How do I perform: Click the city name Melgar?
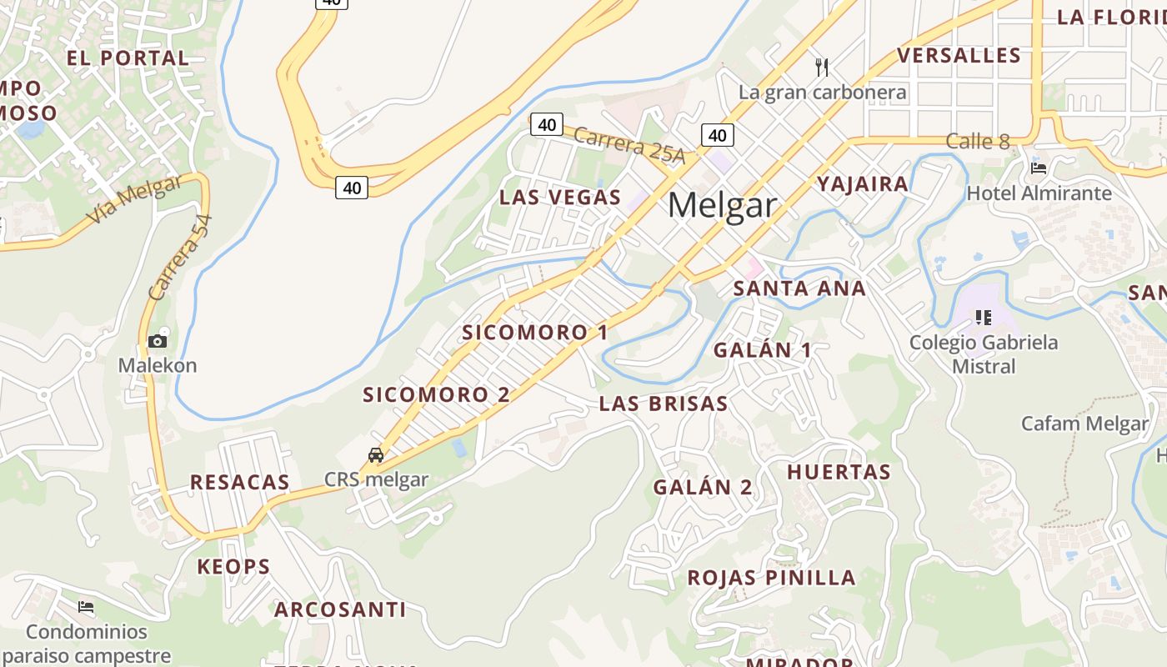point(722,205)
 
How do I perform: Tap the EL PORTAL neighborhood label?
point(128,58)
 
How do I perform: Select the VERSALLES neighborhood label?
point(959,56)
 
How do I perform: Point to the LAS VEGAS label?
point(560,198)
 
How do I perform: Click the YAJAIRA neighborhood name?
point(862,184)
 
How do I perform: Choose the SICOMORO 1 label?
point(535,333)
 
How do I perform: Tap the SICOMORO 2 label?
point(436,395)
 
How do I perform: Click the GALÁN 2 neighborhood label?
point(703,488)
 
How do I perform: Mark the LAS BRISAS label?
point(664,404)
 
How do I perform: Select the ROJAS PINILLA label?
point(771,578)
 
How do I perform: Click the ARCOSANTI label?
point(340,610)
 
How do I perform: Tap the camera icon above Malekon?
point(157,341)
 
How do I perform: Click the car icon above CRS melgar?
point(376,455)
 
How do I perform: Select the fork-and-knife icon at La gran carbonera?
point(822,66)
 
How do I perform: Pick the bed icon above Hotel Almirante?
point(1039,168)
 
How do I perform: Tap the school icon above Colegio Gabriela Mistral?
point(984,317)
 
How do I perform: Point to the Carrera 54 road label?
point(180,258)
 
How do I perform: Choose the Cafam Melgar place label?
point(1084,424)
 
